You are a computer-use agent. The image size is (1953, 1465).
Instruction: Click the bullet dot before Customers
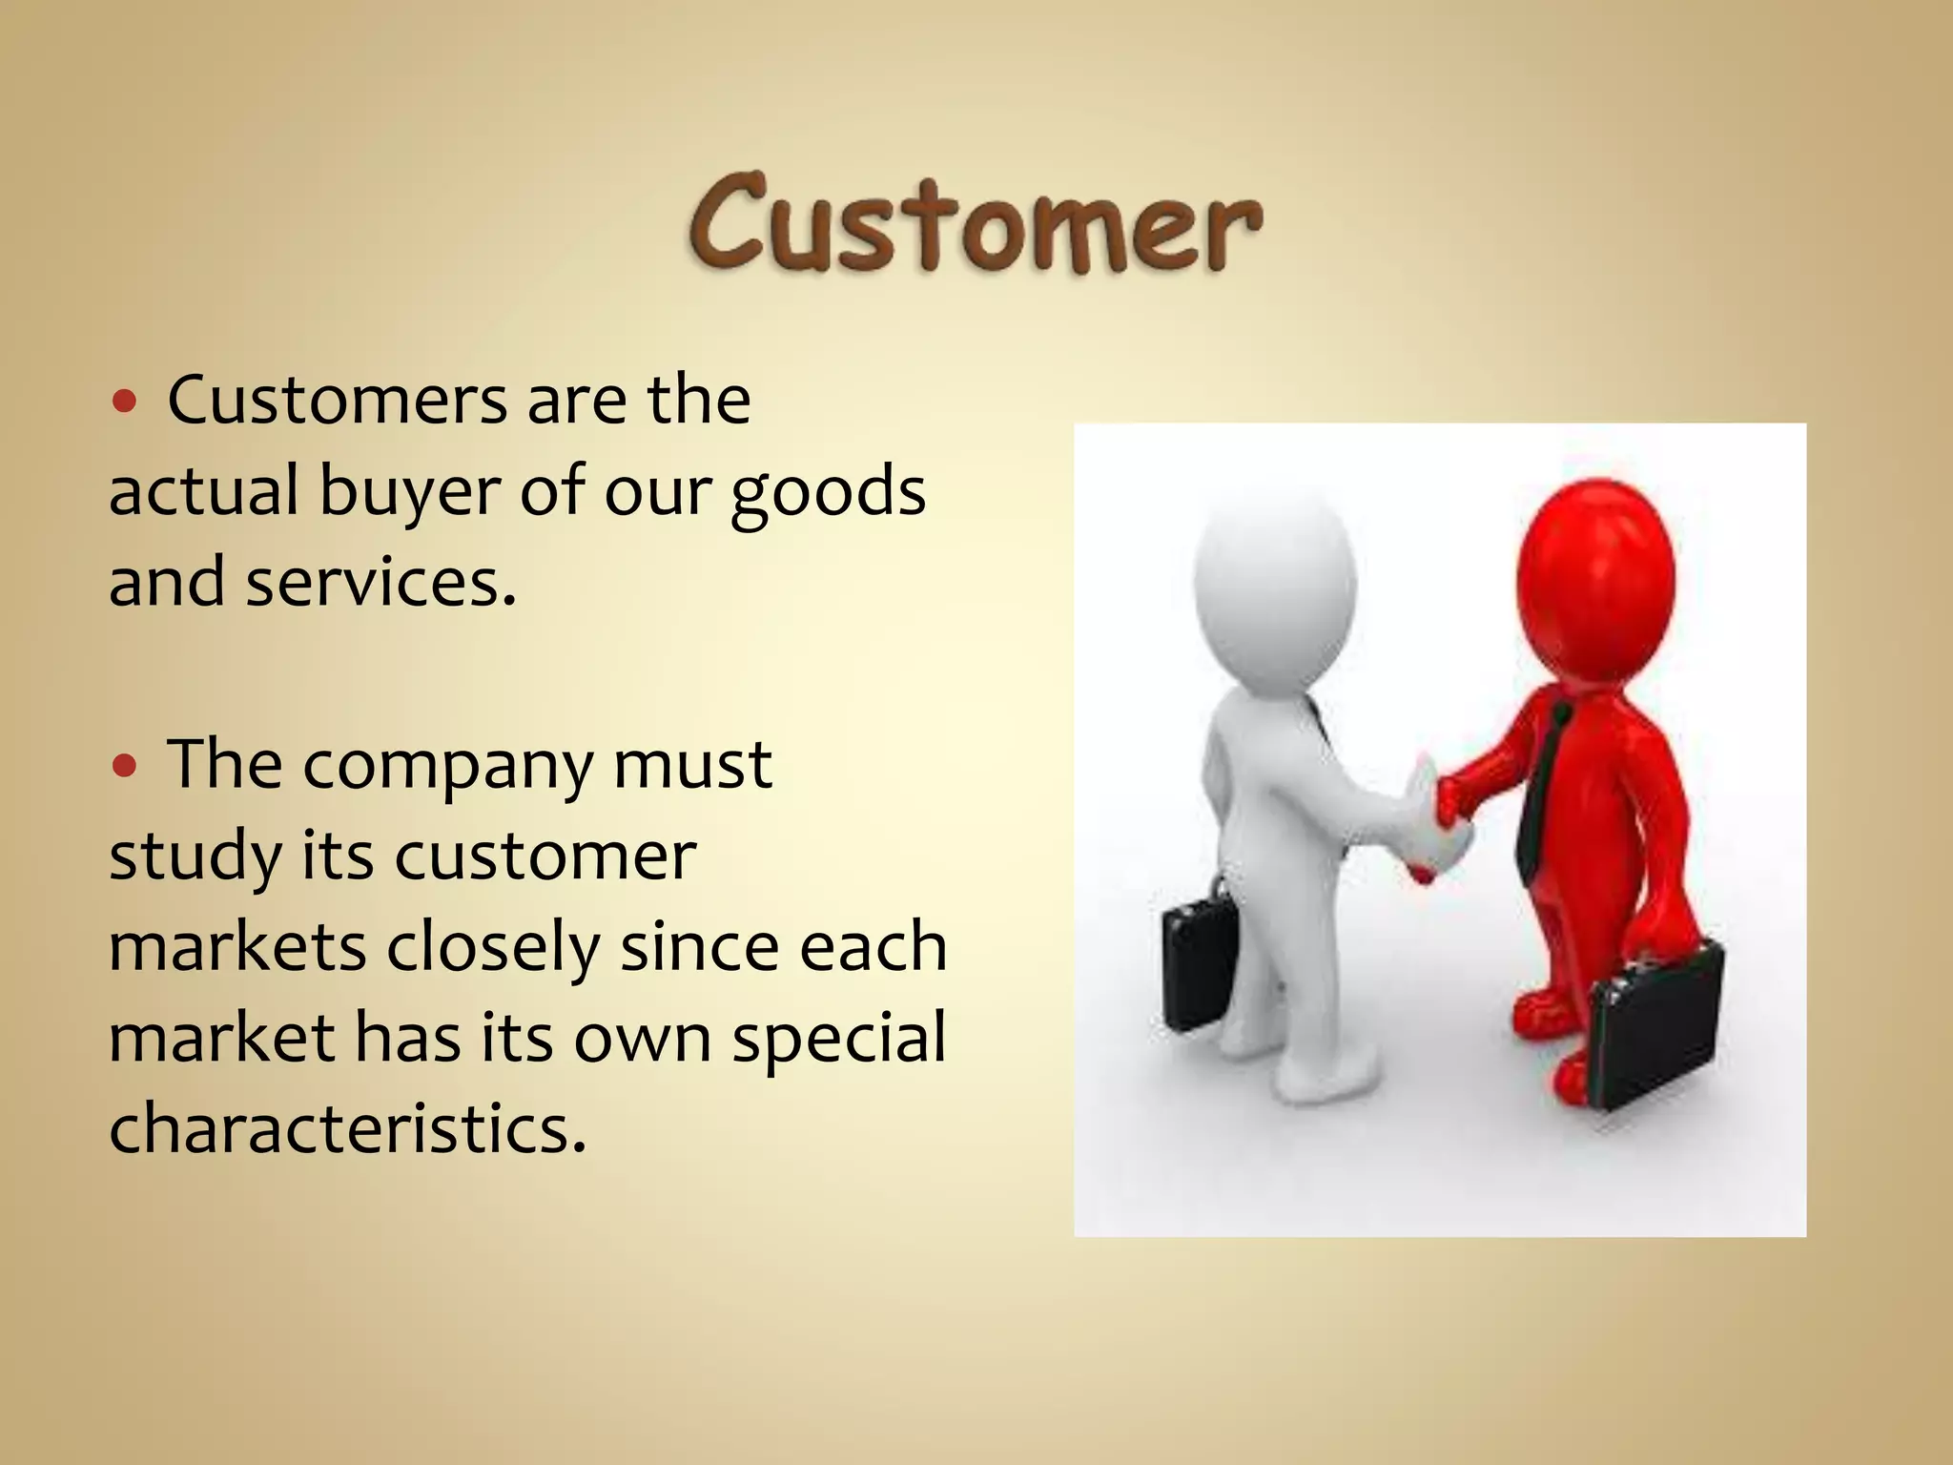point(124,402)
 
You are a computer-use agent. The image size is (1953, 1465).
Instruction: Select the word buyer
point(408,493)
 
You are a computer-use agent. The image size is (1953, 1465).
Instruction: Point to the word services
point(380,582)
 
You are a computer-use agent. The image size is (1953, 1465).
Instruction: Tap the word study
point(195,857)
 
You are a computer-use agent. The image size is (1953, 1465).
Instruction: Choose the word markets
point(237,947)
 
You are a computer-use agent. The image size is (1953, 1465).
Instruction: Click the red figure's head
point(1594,572)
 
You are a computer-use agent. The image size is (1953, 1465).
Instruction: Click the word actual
point(203,491)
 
